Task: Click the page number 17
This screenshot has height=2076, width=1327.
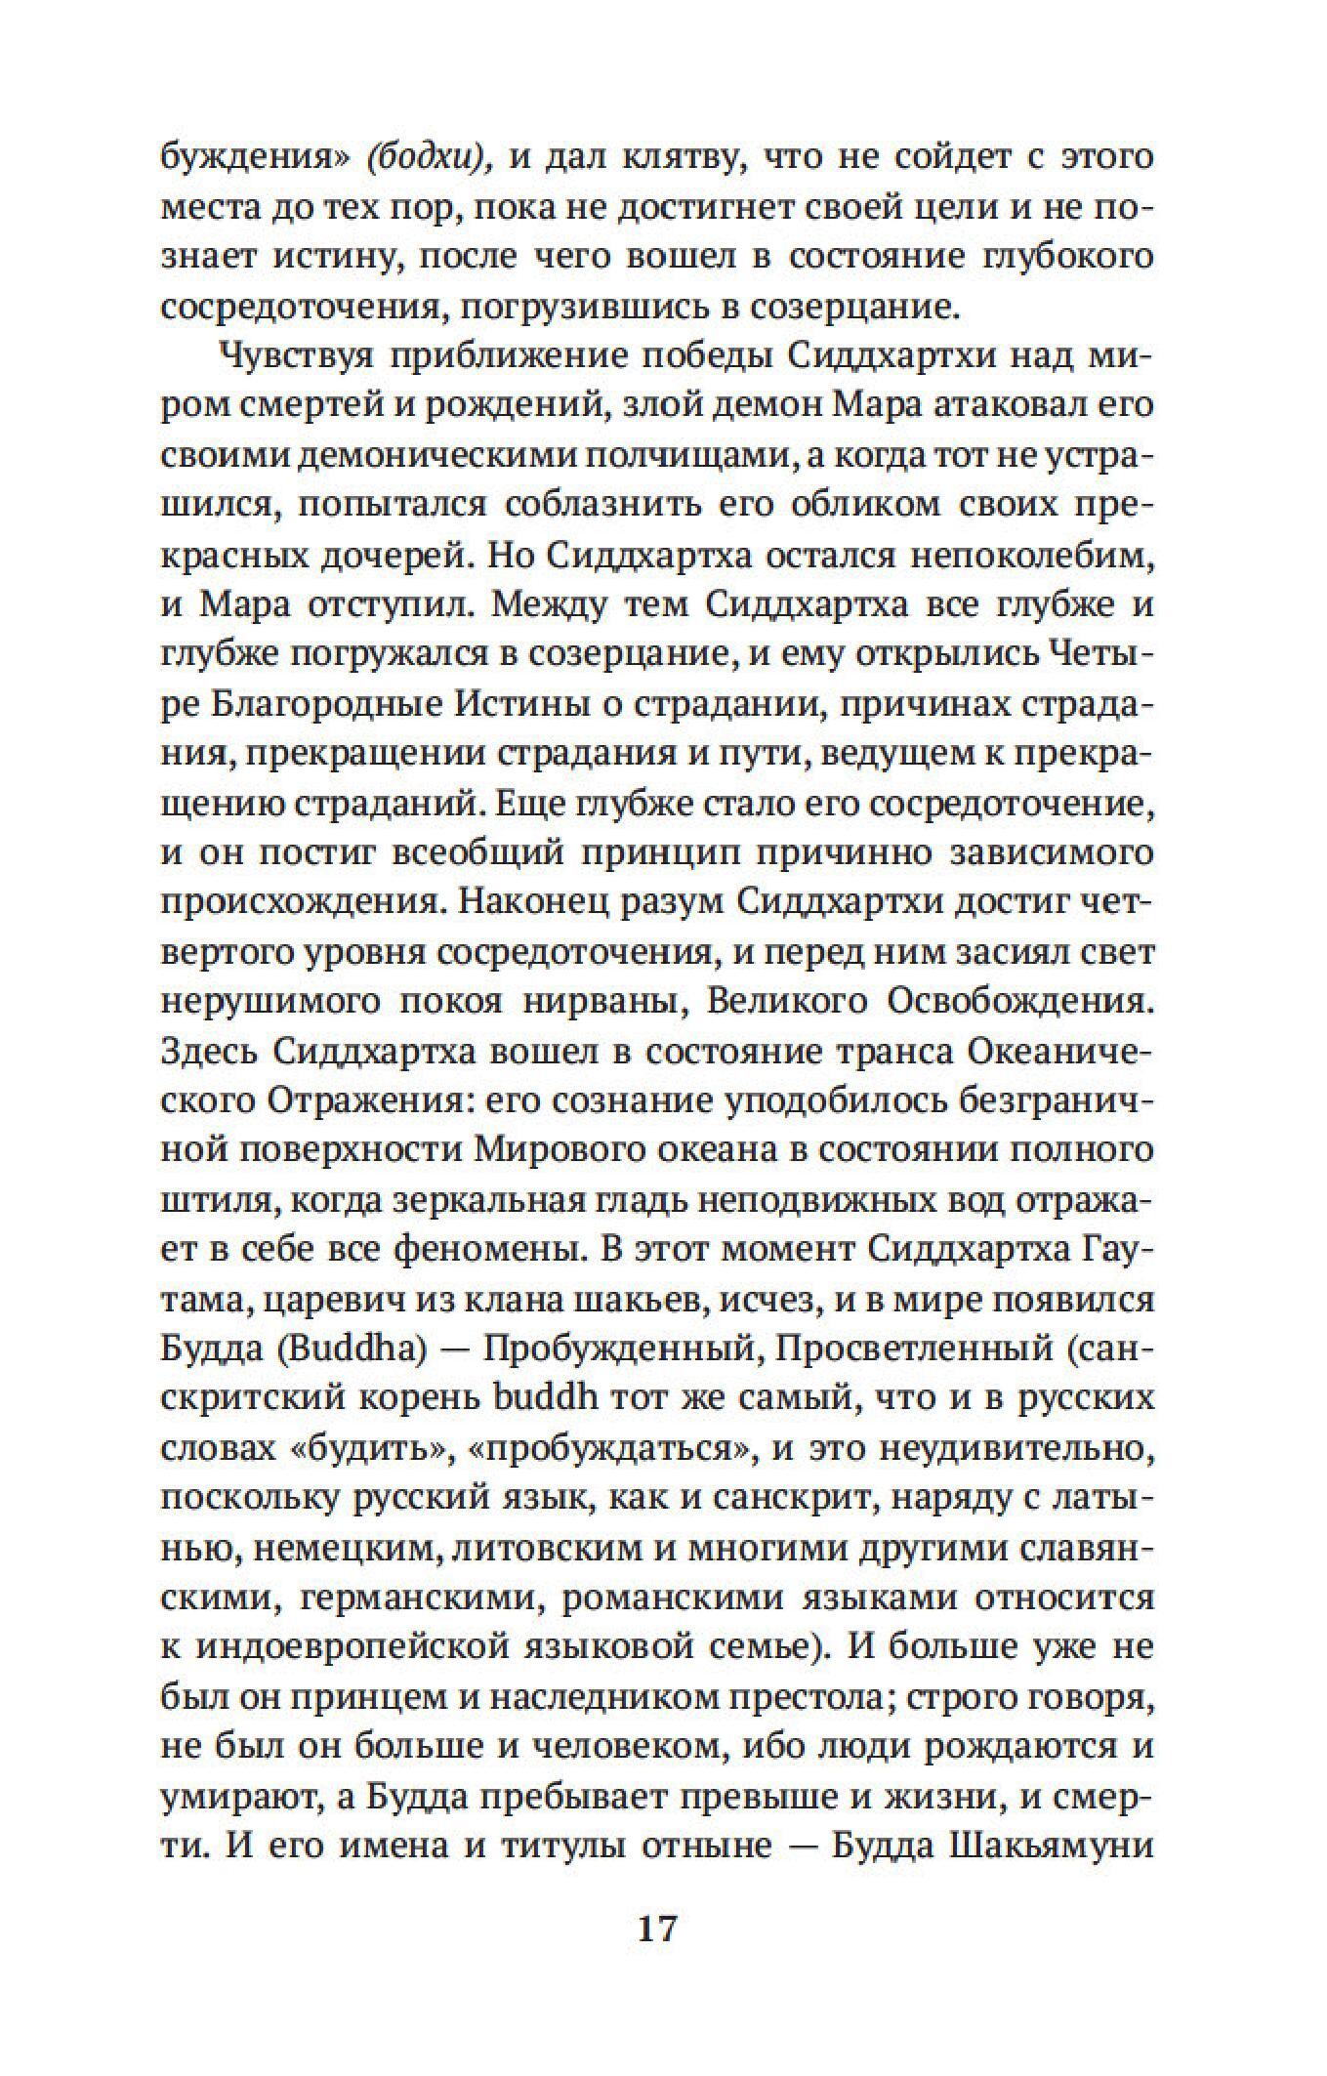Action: click(656, 1930)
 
